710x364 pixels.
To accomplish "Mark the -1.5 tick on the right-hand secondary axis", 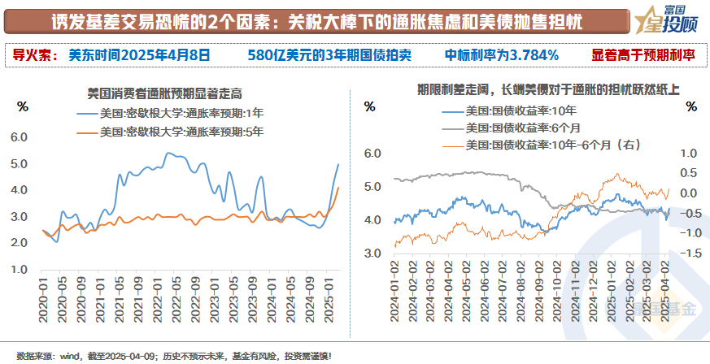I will (x=690, y=253).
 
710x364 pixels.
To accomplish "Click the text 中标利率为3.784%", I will (x=501, y=55).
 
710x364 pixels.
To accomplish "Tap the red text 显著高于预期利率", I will (x=643, y=55).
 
